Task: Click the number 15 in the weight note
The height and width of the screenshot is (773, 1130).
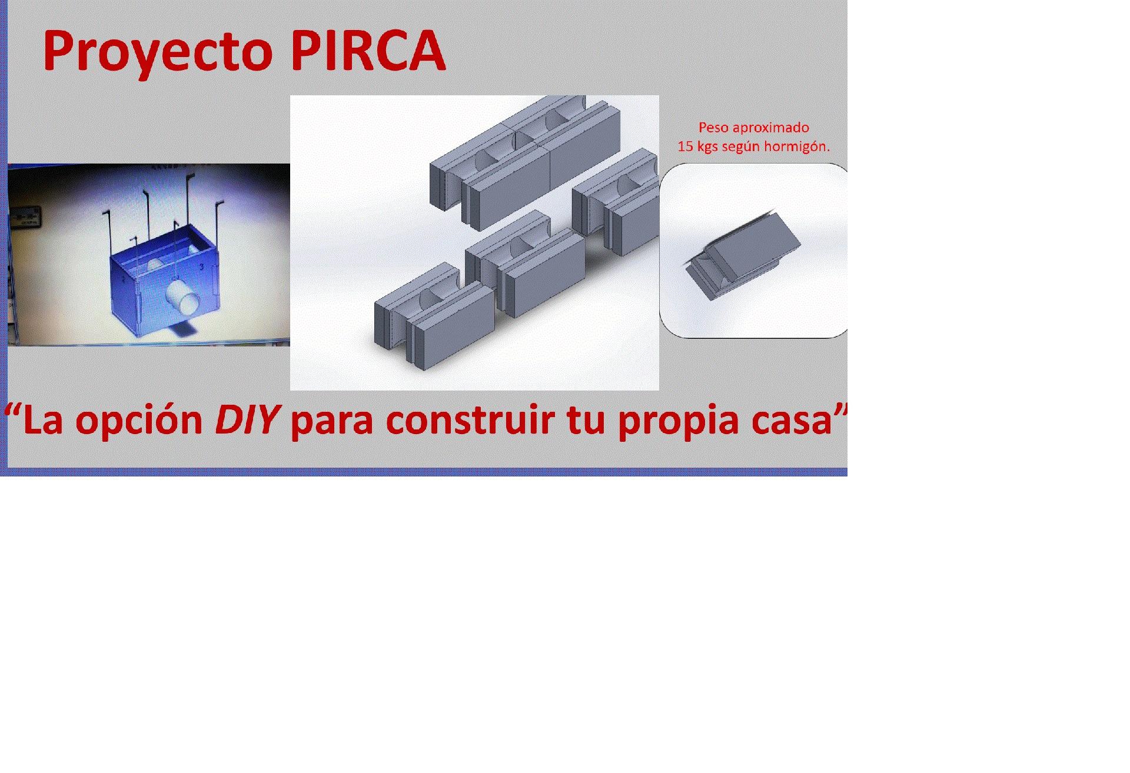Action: pyautogui.click(x=685, y=146)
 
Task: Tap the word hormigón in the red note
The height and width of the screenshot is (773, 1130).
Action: pyautogui.click(x=800, y=147)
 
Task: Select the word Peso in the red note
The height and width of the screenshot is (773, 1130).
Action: pyautogui.click(x=712, y=127)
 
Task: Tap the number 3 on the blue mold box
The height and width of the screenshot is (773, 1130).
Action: pyautogui.click(x=202, y=267)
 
